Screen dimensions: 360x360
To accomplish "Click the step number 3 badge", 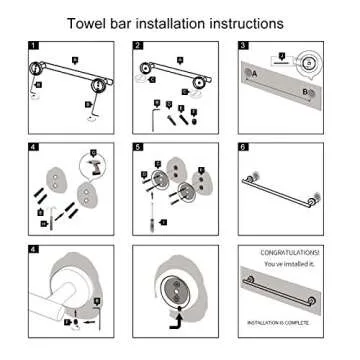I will point(243,46).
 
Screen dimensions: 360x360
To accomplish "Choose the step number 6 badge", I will point(243,147).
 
